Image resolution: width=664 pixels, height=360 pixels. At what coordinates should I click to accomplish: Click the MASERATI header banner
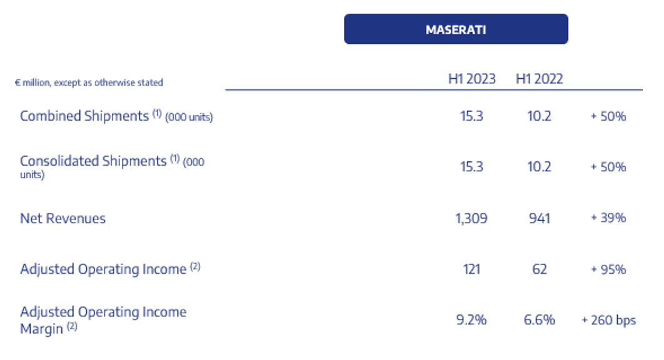tap(456, 29)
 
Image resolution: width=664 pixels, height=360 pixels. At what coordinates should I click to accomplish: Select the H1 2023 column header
tap(472, 79)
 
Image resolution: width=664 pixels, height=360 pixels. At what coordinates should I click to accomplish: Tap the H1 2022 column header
tap(539, 79)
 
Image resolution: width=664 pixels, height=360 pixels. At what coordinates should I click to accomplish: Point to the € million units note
tap(89, 82)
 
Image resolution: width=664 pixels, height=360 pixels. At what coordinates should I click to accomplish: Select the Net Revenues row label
tap(63, 218)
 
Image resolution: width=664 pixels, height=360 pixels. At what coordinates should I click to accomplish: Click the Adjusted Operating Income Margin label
tap(103, 320)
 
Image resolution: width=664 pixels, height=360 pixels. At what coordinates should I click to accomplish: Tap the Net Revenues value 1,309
tap(471, 218)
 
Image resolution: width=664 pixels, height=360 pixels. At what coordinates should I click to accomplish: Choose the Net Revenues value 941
tap(540, 218)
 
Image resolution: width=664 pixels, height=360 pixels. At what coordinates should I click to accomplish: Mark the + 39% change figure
tap(608, 217)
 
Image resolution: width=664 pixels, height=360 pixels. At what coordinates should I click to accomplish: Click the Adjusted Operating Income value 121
tap(471, 269)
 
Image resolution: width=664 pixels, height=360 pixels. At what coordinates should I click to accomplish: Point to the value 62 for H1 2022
tap(540, 269)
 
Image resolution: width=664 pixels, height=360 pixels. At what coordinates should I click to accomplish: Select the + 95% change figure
tap(608, 269)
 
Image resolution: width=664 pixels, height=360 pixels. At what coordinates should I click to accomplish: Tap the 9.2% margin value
tap(471, 320)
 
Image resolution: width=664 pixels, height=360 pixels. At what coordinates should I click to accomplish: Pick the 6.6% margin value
tap(540, 320)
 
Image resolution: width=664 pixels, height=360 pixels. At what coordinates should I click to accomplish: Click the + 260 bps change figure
tap(608, 320)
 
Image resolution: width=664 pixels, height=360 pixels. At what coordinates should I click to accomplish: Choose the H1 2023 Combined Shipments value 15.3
tap(471, 116)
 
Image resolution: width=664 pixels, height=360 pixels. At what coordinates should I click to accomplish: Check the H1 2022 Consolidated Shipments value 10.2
tap(539, 166)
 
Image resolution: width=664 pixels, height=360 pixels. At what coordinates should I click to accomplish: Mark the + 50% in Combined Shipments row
tap(608, 116)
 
